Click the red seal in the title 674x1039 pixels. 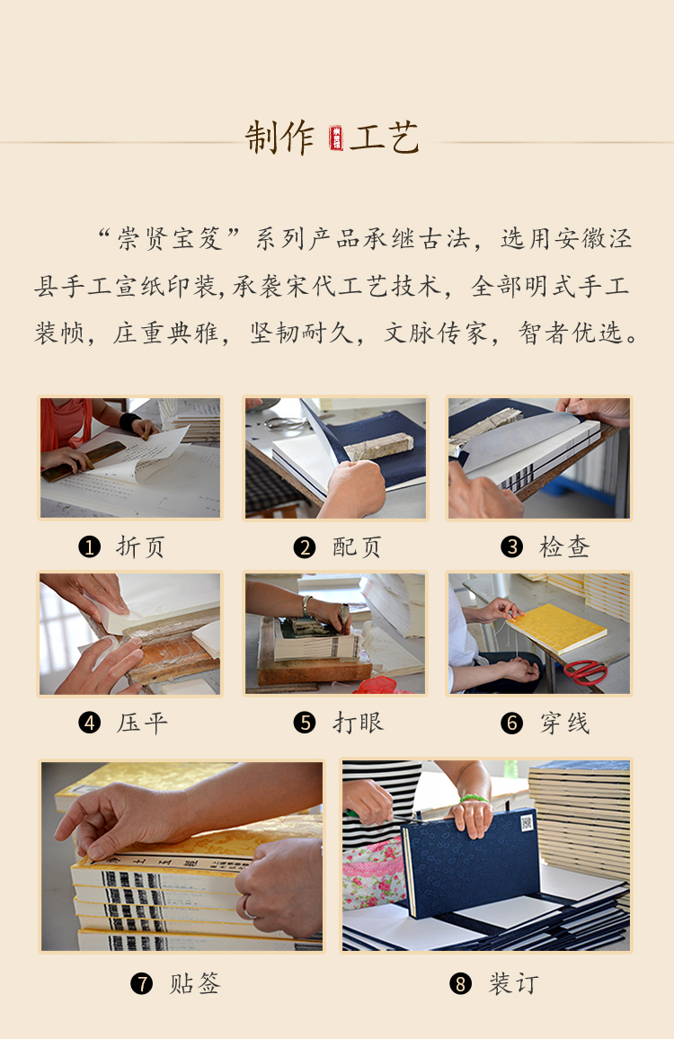[336, 138]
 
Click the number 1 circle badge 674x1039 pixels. [90, 547]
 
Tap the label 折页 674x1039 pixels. [140, 547]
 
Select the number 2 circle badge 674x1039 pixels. [305, 547]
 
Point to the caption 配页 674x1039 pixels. [357, 547]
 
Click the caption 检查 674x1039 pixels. [564, 547]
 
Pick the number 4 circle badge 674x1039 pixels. [90, 723]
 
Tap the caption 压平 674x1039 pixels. [142, 723]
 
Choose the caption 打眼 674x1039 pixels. [358, 723]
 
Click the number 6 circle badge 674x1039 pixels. [511, 723]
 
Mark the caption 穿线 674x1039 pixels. [564, 723]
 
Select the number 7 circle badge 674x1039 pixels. [142, 983]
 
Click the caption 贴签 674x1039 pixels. [195, 983]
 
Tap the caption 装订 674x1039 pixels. [514, 983]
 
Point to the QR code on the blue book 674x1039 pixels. [527, 823]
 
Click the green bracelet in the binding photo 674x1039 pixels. [474, 798]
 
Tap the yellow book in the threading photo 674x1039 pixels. [556, 629]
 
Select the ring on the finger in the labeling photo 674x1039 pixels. [249, 907]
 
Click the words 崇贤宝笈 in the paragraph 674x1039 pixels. [170, 238]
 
